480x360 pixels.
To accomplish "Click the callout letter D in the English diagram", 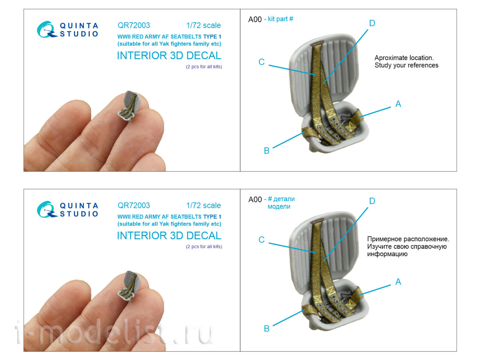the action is click(372, 23).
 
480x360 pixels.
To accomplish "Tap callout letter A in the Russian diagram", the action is click(398, 281).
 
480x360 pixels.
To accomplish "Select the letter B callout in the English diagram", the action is click(267, 151).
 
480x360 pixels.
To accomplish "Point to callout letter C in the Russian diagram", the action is click(262, 240).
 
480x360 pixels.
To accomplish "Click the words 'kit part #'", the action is click(280, 19).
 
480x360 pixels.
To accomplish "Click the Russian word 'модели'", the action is click(279, 207).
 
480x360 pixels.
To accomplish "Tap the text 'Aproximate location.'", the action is click(404, 58).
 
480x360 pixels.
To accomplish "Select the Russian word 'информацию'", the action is click(387, 254).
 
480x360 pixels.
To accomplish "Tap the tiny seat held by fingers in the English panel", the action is click(129, 106).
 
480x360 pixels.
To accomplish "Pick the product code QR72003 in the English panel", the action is click(134, 25).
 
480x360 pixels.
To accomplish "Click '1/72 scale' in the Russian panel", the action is click(204, 205).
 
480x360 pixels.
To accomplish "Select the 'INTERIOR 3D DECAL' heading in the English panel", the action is click(169, 55).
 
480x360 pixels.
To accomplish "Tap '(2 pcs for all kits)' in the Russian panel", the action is click(204, 247).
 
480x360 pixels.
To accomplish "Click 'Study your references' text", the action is click(406, 65).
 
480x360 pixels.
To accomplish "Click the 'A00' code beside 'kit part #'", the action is click(255, 19).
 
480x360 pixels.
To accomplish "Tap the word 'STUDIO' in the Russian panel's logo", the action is click(79, 214).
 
